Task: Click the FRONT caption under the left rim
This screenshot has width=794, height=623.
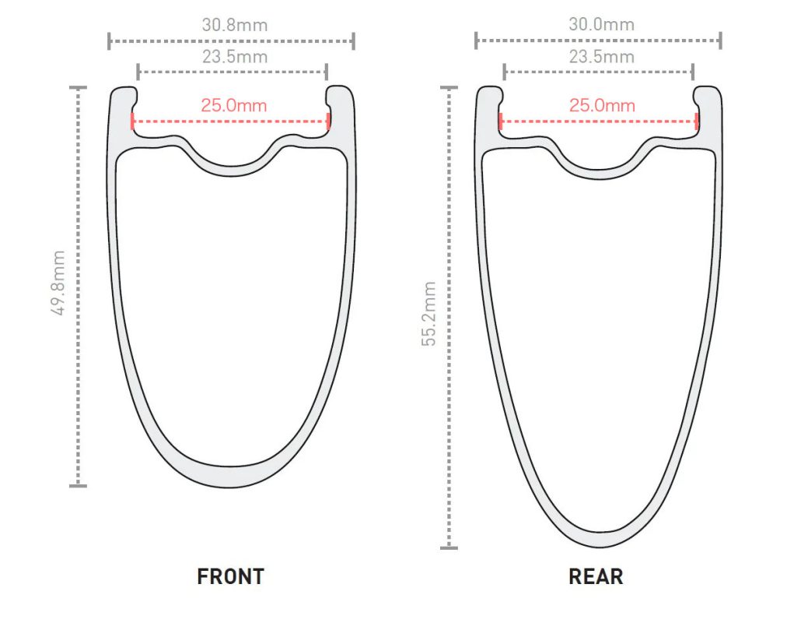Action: [x=230, y=577]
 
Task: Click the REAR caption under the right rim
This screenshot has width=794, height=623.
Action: [x=596, y=577]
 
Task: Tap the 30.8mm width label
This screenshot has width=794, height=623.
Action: [x=234, y=25]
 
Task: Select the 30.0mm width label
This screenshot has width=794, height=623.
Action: [x=601, y=24]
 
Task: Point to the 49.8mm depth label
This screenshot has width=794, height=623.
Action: [x=59, y=283]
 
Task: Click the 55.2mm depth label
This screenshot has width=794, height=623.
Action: [x=428, y=314]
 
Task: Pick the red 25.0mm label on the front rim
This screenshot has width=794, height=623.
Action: [x=233, y=105]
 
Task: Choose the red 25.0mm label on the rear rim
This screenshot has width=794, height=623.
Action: [x=602, y=105]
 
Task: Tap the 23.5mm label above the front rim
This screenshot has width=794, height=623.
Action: [x=234, y=57]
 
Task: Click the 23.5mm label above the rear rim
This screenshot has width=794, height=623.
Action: [x=602, y=57]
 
